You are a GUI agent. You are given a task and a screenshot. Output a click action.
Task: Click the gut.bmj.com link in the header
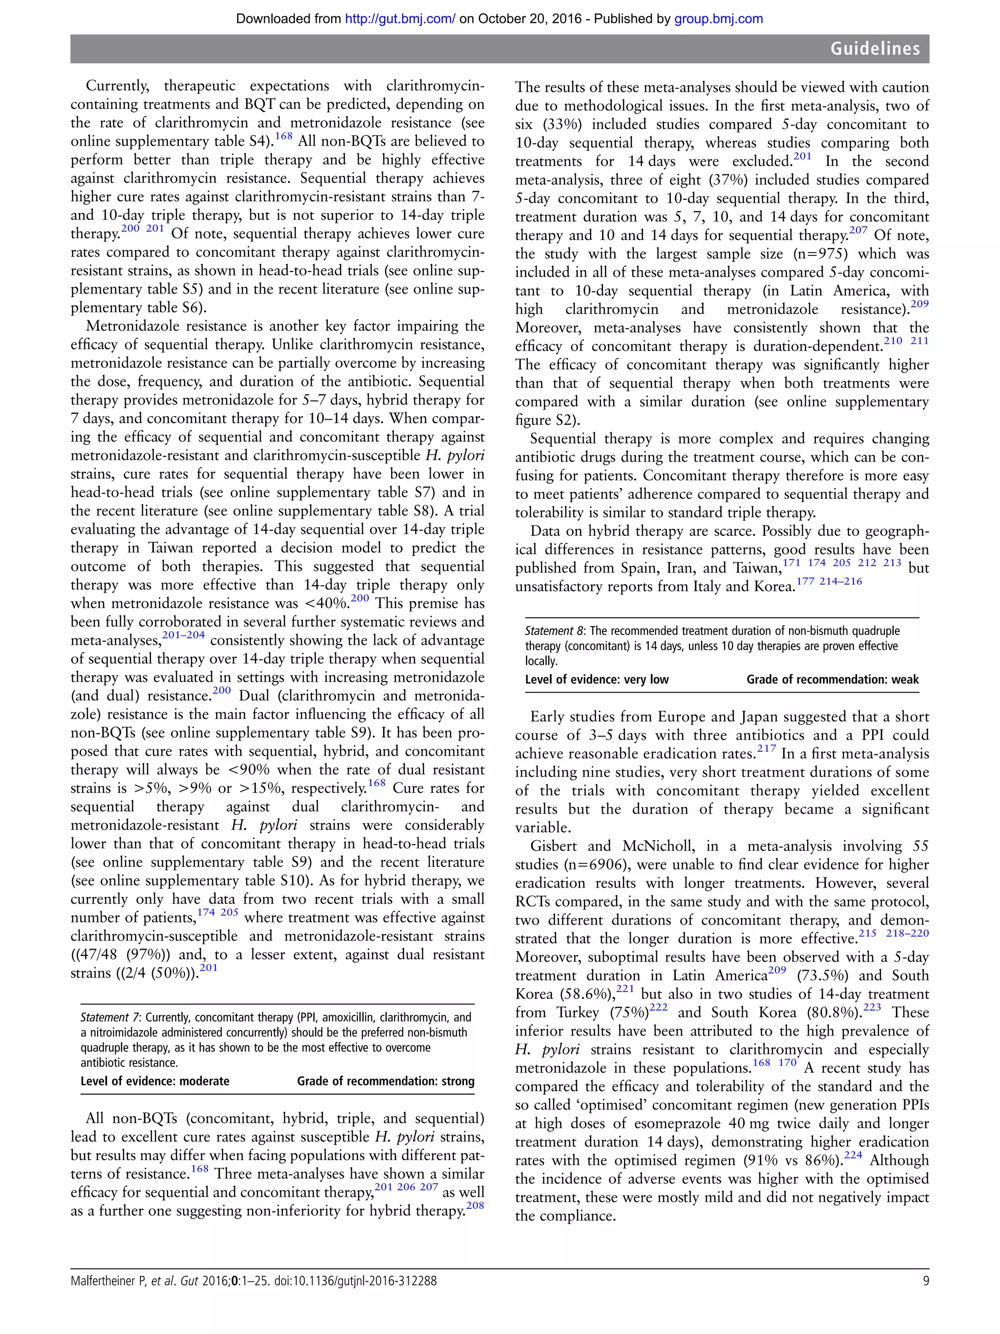(399, 19)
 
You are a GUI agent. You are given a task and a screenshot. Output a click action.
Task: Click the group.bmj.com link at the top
(718, 19)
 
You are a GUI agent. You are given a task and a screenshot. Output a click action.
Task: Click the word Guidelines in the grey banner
(875, 49)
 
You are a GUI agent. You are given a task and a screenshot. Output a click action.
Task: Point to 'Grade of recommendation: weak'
(833, 679)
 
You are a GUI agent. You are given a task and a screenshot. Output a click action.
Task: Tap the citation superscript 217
(767, 749)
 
